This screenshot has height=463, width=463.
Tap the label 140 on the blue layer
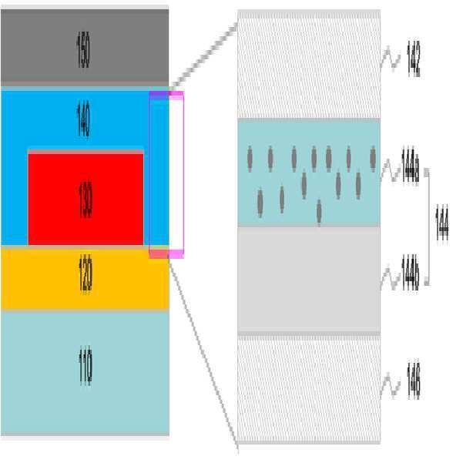(x=83, y=119)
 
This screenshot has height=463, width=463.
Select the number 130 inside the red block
(x=85, y=198)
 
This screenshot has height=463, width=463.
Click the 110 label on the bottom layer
(x=85, y=368)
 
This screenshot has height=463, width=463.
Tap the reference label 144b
(x=411, y=273)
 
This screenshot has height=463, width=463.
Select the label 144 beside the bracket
(x=441, y=223)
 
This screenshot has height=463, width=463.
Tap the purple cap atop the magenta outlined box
(x=166, y=96)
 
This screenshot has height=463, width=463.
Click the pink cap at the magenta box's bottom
(x=166, y=253)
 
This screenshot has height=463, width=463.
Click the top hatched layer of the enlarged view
(x=308, y=65)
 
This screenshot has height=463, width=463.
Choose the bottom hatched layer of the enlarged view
(x=308, y=388)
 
